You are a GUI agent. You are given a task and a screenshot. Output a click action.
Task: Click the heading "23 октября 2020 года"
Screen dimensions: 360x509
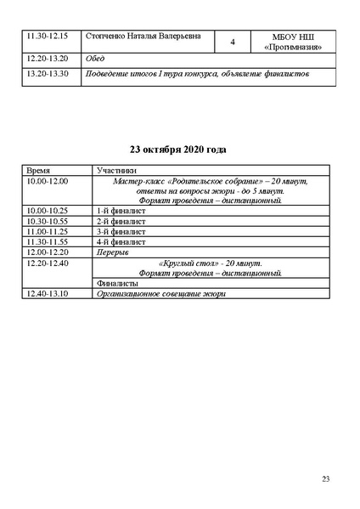point(179,150)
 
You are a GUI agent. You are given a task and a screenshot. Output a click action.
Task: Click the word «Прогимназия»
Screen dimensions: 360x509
point(292,48)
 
